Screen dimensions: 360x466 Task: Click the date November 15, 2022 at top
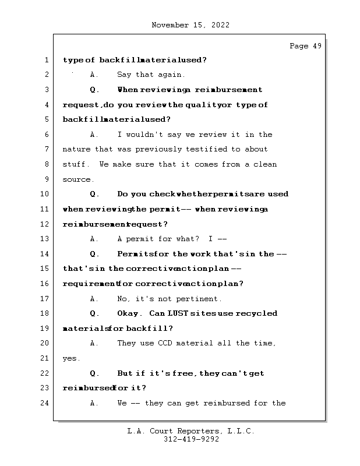(x=190, y=25)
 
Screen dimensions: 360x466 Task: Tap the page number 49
(x=317, y=46)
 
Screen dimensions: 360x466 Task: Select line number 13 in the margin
(x=45, y=239)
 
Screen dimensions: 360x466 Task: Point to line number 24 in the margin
(x=45, y=403)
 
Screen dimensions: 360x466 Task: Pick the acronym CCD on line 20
(x=165, y=343)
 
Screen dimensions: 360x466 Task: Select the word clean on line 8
(x=265, y=164)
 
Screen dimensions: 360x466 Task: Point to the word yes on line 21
(x=70, y=358)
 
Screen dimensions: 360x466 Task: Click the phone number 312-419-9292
(x=191, y=439)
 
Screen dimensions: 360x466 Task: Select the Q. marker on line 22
(x=94, y=373)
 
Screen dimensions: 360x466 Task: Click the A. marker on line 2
(x=94, y=75)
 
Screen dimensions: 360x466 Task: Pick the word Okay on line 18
(x=128, y=313)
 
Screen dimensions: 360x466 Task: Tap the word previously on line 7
(x=158, y=149)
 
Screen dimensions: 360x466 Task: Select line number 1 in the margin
(x=47, y=60)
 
